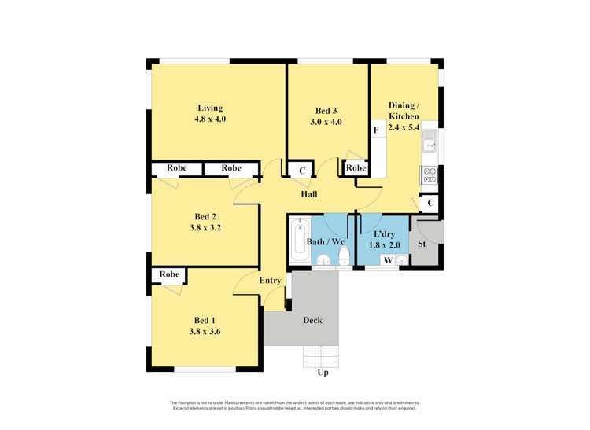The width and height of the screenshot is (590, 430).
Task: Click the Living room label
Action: point(210,108)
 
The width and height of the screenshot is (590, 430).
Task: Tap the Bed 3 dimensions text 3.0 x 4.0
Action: point(327,122)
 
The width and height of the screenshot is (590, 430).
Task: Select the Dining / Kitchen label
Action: point(404,111)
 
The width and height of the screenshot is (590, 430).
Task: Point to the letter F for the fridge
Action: point(376,130)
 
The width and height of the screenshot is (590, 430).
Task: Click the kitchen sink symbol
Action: point(430,141)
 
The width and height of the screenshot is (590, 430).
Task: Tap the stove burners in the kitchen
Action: point(430,176)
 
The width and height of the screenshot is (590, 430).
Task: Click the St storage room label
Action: point(422,244)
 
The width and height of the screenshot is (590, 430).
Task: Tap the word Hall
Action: point(308,193)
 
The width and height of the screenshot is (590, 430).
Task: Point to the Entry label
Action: point(270,281)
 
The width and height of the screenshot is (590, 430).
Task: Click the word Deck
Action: point(312,320)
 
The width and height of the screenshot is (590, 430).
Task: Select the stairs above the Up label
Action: point(322,355)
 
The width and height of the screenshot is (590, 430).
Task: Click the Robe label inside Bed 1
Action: point(169,274)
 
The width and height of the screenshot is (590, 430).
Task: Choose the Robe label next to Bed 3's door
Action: point(356,168)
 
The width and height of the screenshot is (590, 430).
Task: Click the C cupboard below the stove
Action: point(430,204)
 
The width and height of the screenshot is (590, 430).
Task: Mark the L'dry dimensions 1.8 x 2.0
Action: point(385,245)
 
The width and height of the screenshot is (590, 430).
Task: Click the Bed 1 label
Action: point(205,320)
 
